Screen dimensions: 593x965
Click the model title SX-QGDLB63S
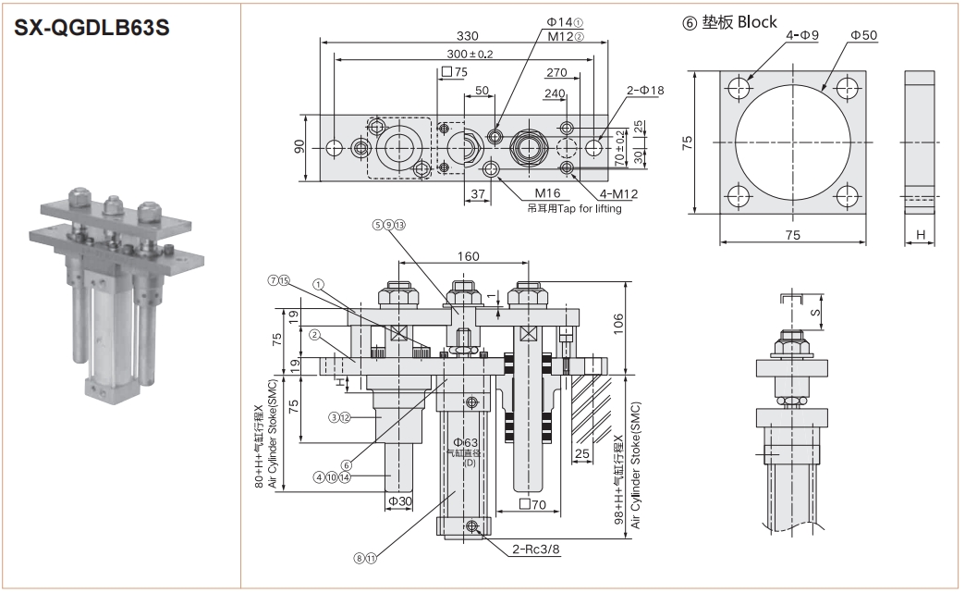pyautogui.click(x=91, y=28)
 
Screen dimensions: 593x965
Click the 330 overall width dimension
pyautogui.click(x=467, y=36)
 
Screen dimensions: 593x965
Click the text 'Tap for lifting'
pyautogui.click(x=589, y=208)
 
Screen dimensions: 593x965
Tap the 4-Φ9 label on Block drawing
pyautogui.click(x=802, y=35)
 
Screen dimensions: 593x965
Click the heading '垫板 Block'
pyautogui.click(x=739, y=22)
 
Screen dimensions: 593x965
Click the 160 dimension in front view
pyautogui.click(x=468, y=257)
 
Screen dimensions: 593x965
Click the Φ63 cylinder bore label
pyautogui.click(x=464, y=442)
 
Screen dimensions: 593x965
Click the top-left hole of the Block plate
pyautogui.click(x=739, y=89)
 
